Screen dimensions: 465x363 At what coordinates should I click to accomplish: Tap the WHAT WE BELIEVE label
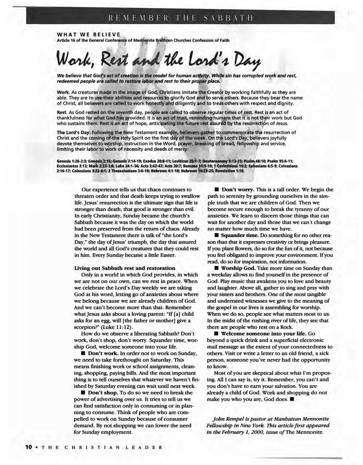coord(88,35)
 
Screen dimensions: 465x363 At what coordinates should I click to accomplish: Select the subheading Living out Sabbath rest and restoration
coord(125,268)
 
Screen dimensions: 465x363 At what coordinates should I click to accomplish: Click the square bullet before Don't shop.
coord(83,393)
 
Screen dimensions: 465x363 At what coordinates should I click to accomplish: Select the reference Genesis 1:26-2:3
coord(71,161)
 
